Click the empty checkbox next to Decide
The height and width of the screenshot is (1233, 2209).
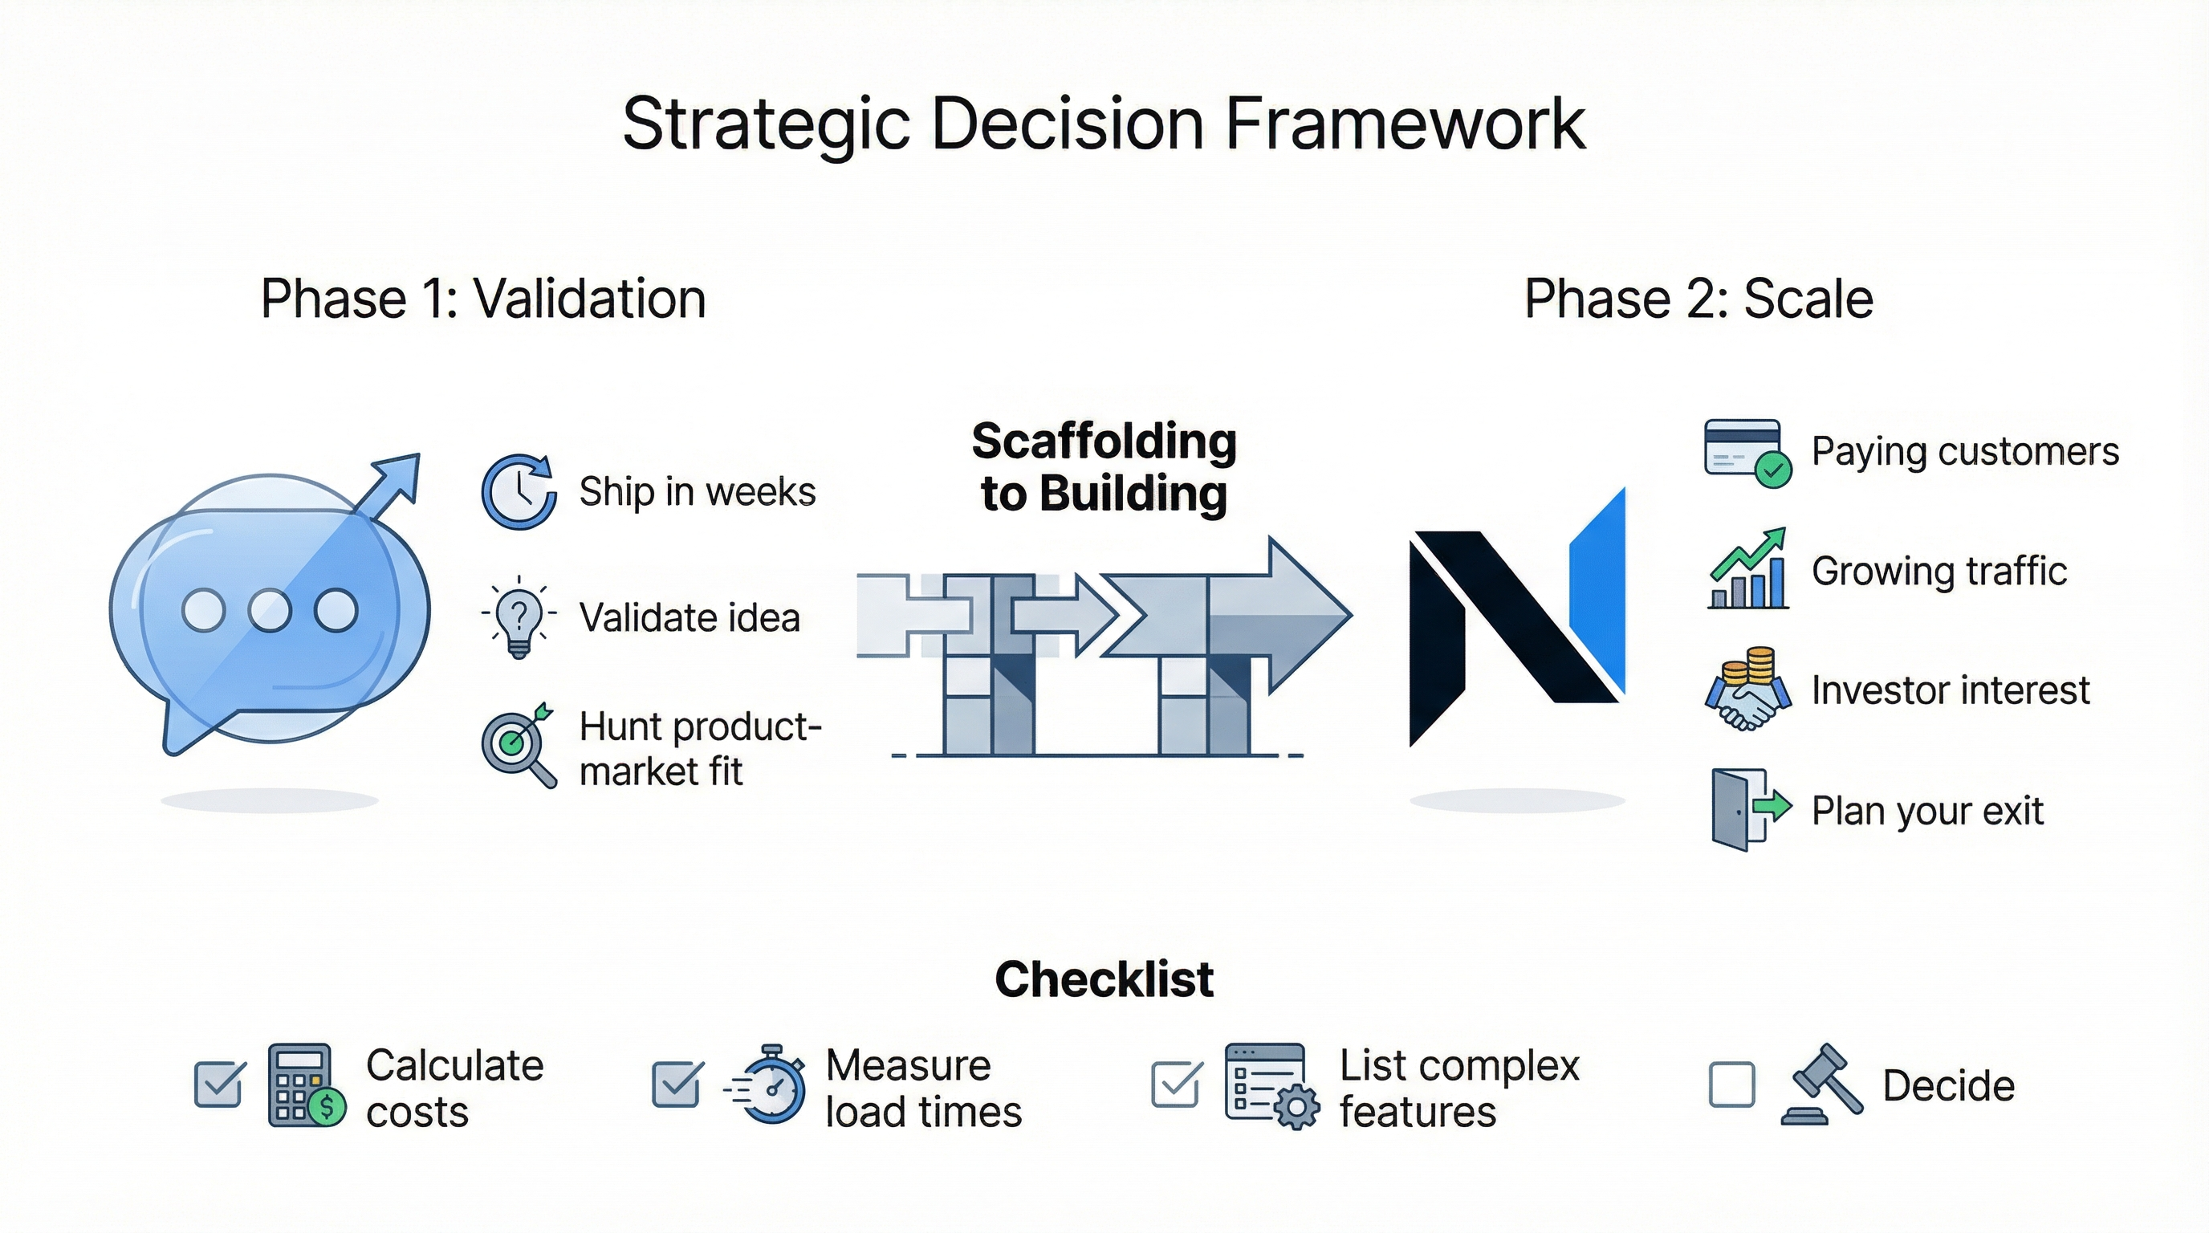(x=1731, y=1084)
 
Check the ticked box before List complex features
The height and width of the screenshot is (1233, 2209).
(x=1175, y=1084)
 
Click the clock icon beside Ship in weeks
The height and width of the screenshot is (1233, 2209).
(x=519, y=492)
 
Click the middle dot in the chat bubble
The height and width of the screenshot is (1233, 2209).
(x=271, y=611)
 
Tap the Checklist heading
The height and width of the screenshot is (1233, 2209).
(x=1104, y=979)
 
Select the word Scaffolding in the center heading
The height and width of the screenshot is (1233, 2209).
(x=1104, y=442)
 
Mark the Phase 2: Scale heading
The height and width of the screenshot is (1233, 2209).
(x=1698, y=299)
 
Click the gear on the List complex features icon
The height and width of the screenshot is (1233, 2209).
(x=1296, y=1108)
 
